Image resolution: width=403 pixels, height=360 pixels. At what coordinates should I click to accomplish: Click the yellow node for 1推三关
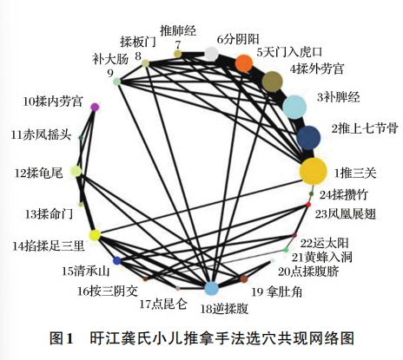click(313, 172)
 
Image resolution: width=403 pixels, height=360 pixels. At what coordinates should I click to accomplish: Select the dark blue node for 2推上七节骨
click(308, 138)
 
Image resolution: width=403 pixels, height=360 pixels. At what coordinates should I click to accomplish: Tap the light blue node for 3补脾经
click(294, 107)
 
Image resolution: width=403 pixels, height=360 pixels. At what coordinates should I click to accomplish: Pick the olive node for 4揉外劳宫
click(272, 82)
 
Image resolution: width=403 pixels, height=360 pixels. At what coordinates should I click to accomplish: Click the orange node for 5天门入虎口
click(244, 63)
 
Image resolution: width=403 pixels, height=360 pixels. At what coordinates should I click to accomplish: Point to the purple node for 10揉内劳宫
click(95, 107)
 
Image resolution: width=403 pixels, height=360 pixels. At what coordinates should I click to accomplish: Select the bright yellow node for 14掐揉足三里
click(95, 235)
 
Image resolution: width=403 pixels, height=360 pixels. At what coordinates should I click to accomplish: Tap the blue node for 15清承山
click(117, 261)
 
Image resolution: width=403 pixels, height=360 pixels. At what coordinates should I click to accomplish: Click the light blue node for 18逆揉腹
click(211, 288)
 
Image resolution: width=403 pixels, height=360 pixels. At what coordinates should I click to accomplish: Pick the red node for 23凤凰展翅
click(308, 205)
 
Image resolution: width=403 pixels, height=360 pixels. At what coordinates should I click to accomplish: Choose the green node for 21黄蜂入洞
click(286, 250)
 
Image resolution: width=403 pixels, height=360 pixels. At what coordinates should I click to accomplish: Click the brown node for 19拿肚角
click(244, 278)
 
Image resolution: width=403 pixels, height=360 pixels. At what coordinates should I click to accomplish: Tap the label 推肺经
click(178, 31)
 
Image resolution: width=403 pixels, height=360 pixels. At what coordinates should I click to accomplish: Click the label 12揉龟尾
click(39, 173)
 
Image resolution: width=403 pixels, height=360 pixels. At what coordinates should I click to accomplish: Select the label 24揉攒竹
click(343, 195)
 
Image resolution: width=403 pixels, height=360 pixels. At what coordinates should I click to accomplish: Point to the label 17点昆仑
click(163, 304)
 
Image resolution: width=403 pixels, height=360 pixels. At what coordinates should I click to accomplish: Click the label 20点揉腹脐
click(308, 272)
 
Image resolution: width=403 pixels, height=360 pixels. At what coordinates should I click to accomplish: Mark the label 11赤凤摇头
click(41, 134)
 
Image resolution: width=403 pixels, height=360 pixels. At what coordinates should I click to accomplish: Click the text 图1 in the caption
click(61, 338)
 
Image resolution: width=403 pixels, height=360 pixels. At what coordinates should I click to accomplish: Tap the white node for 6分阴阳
click(211, 54)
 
